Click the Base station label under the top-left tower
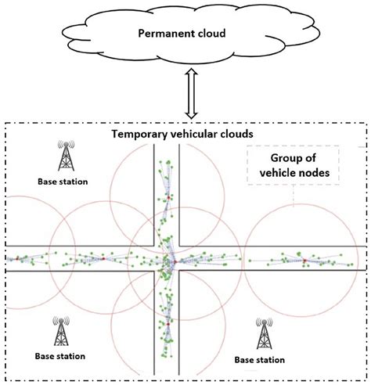point(63,182)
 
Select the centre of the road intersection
point(168,259)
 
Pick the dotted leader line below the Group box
point(294,197)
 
